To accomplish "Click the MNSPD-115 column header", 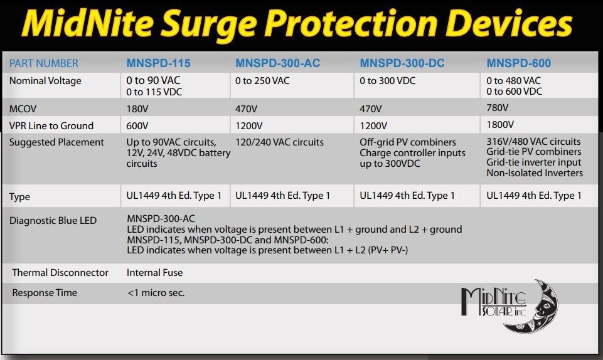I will point(158,63).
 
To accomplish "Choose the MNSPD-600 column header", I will point(518,63).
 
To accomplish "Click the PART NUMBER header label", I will point(44,63).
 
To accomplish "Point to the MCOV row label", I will point(23,109).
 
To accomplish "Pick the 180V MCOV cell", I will point(137,109).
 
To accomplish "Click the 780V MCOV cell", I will point(498,108).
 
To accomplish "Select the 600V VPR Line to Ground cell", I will point(138,125).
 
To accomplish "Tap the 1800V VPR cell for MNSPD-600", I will point(501,125).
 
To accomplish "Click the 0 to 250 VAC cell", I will point(262,81).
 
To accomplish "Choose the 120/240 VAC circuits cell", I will point(279,142).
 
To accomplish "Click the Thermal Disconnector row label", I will point(60,273).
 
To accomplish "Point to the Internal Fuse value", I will point(154,273).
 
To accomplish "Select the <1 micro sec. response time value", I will point(156,293).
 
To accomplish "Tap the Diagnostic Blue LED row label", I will point(53,221).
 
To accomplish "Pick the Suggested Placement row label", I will point(56,142).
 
